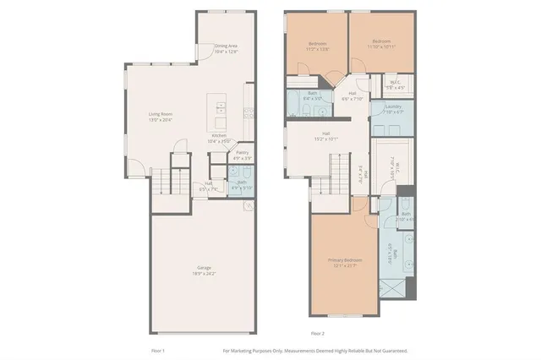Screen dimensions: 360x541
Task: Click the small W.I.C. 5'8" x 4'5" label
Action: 396,84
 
